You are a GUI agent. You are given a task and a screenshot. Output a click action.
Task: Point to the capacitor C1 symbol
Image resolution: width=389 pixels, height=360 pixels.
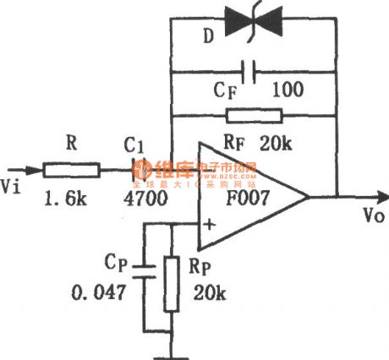(135, 171)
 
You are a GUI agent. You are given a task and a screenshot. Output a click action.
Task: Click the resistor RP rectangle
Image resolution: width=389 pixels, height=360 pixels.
(175, 284)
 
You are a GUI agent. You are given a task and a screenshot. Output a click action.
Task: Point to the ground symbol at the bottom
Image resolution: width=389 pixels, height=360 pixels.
(175, 346)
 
